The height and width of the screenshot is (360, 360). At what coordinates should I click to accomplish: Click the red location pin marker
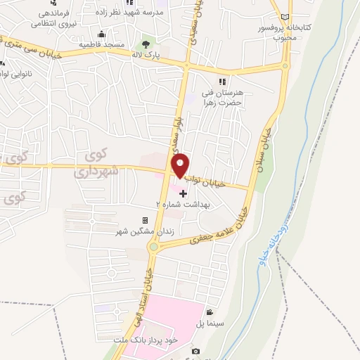click(181, 165)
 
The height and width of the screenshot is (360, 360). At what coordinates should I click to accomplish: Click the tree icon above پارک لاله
click(146, 44)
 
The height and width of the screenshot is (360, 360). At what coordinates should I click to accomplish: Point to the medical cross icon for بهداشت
click(184, 193)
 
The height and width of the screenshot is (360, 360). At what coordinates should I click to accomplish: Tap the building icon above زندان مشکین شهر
click(145, 221)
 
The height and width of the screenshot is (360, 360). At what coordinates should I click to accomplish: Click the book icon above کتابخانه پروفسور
click(284, 18)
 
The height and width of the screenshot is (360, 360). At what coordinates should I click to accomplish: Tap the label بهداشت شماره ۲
click(177, 203)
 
